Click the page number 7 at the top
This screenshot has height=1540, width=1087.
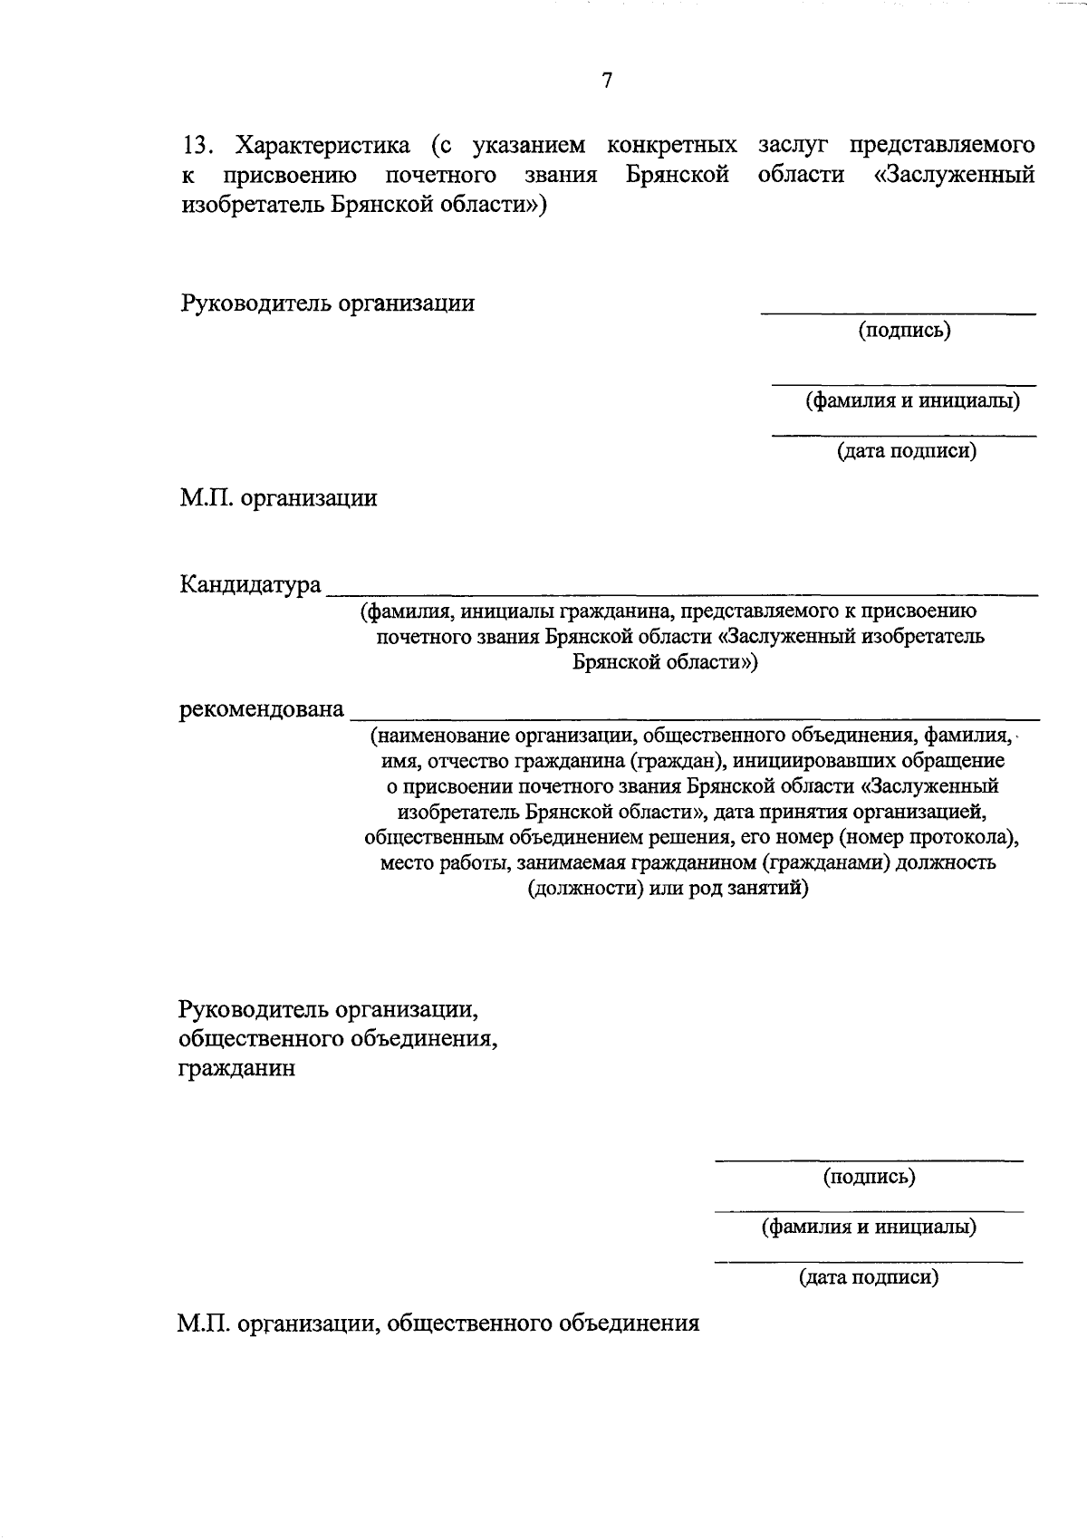coord(607,81)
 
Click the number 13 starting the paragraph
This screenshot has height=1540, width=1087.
coord(197,146)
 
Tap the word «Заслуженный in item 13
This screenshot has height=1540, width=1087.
coord(955,175)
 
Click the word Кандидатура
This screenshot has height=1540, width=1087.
coord(250,584)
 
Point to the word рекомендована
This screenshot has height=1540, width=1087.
coord(262,708)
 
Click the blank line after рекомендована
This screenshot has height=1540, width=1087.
coord(693,718)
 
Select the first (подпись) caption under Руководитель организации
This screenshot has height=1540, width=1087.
coord(904,331)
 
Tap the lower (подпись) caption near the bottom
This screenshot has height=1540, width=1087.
coord(869,1177)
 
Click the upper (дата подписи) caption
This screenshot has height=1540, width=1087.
coord(906,450)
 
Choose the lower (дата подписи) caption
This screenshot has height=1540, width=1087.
coord(868,1277)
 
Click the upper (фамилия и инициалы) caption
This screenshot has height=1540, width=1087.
coord(912,400)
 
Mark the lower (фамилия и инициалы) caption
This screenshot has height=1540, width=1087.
coord(868,1227)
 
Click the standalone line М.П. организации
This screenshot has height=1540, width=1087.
coord(278,498)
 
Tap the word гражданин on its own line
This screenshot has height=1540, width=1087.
coord(236,1068)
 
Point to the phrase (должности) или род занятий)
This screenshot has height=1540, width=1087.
coord(668,888)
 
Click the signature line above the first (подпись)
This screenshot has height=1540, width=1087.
coord(897,313)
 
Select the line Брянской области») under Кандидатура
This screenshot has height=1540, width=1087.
coord(666,663)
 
